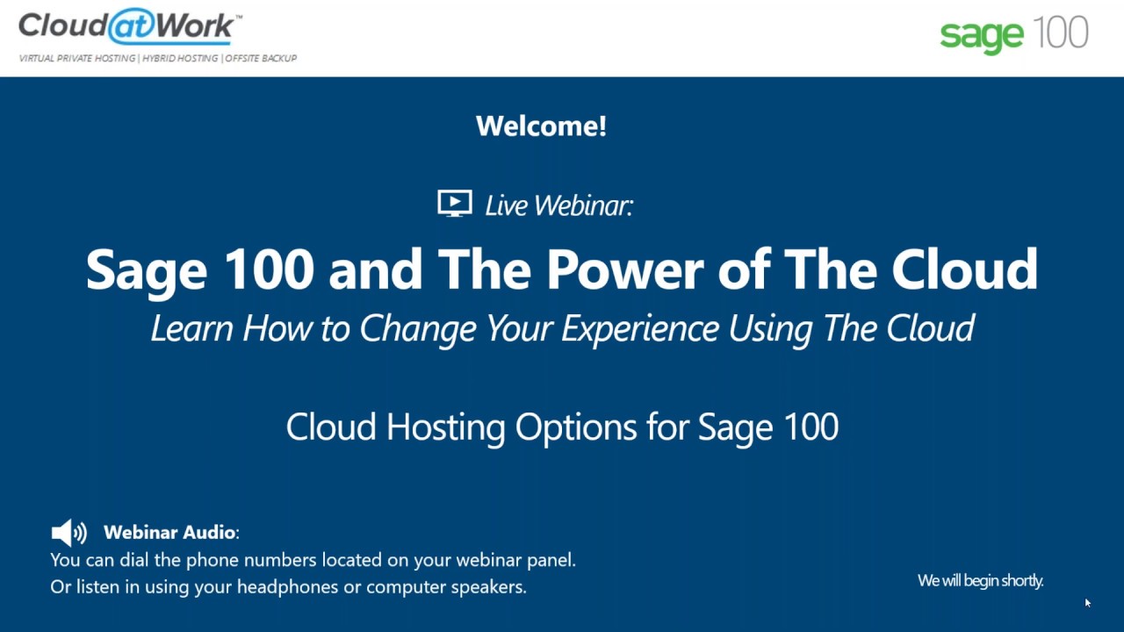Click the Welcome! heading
(x=541, y=126)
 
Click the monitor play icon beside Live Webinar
(x=455, y=204)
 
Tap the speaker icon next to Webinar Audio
(x=69, y=532)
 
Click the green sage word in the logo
(x=982, y=35)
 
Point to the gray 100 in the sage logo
(x=1061, y=32)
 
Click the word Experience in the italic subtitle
(x=641, y=328)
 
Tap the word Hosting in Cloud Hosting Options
(x=445, y=427)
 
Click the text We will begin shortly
(x=980, y=580)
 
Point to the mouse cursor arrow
(x=1087, y=602)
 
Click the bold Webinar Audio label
(x=169, y=532)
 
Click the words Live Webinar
(x=558, y=205)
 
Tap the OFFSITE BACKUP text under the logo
(x=262, y=58)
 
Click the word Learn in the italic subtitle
(x=192, y=328)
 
